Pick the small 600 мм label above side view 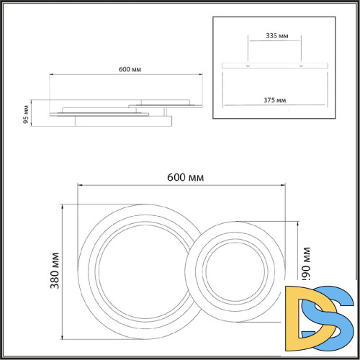pyautogui.click(x=130, y=70)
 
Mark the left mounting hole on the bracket pyautogui.click(x=249, y=66)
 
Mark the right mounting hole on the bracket pyautogui.click(x=300, y=66)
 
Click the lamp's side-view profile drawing pyautogui.click(x=115, y=112)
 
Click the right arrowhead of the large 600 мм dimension pyautogui.click(x=286, y=185)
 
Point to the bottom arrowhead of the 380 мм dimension pyautogui.click(x=64, y=336)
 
